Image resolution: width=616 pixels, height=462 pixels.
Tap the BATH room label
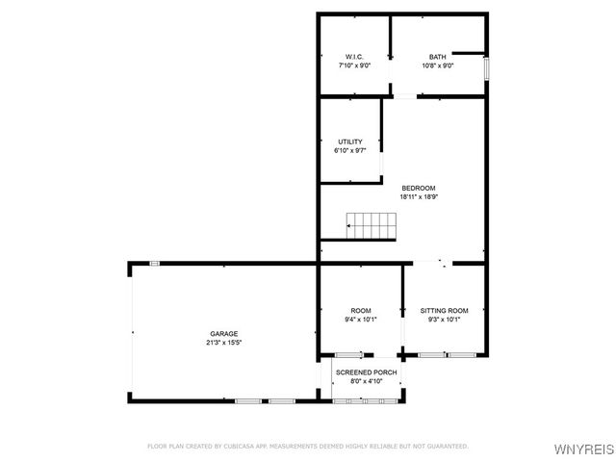[x=438, y=57]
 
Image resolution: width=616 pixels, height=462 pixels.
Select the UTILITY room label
[x=349, y=141]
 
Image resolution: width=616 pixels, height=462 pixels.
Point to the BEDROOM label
[x=419, y=188]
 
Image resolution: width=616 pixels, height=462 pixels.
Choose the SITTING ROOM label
[x=445, y=310]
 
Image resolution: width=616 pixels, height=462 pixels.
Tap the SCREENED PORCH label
[x=366, y=372]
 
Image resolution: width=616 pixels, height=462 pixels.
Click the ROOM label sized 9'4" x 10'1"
[x=361, y=310]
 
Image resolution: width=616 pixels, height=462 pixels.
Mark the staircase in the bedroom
[x=372, y=226]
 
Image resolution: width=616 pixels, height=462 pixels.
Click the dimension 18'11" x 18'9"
[x=419, y=196]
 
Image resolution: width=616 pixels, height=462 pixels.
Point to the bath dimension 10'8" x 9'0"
[x=438, y=65]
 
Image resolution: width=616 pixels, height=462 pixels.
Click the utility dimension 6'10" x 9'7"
[x=349, y=150]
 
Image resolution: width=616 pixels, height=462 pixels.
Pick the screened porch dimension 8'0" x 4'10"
[x=366, y=380]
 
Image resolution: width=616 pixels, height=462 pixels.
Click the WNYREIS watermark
[x=589, y=449]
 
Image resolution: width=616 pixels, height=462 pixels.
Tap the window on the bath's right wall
[x=487, y=68]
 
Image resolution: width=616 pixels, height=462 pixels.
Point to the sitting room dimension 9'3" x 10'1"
[x=445, y=319]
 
